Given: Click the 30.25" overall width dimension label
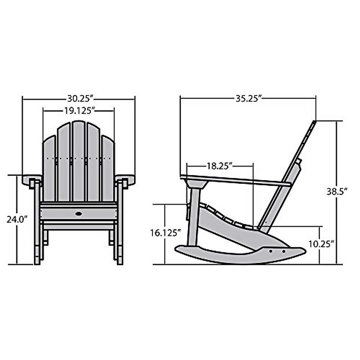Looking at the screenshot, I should (79, 99).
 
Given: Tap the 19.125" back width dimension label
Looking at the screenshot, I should (79, 111).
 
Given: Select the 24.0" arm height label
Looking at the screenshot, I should (17, 219).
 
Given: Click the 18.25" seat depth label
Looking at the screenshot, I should (220, 166).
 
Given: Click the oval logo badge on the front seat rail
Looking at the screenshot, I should (79, 214).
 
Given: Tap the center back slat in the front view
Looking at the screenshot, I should (79, 160).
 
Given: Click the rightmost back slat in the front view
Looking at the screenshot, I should (108, 168).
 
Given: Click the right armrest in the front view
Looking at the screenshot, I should (125, 179).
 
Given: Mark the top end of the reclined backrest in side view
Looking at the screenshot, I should (314, 122).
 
